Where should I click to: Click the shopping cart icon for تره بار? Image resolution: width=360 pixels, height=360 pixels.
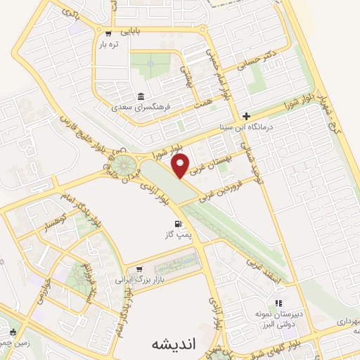point(108,33)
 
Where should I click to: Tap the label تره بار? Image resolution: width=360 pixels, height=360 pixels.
point(109,44)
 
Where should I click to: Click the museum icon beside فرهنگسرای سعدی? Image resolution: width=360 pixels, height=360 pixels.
point(141,96)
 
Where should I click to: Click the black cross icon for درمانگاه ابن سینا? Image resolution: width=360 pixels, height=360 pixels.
point(245,116)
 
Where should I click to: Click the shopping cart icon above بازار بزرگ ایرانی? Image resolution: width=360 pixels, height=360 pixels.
point(139,269)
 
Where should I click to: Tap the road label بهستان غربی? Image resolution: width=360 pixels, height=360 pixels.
point(223,157)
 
